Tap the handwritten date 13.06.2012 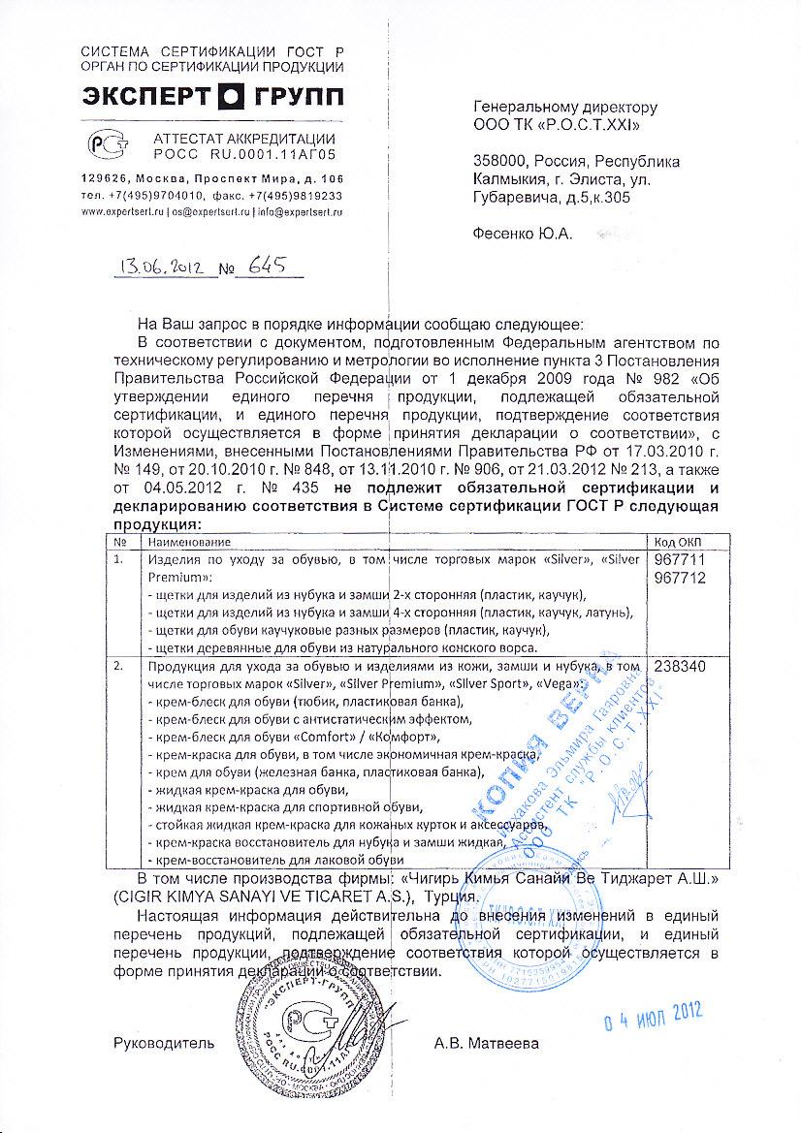tap(160, 268)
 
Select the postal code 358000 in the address tap(500, 161)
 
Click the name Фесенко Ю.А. tap(522, 234)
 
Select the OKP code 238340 tap(682, 668)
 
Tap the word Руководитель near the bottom tap(161, 1044)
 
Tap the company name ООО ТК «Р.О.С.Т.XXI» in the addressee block tap(557, 125)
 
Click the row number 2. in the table tap(118, 668)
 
